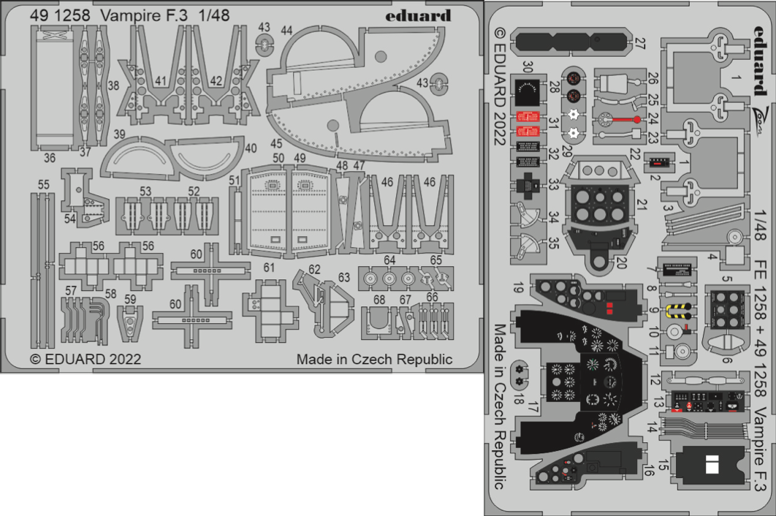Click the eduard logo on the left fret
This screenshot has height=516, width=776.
(x=426, y=15)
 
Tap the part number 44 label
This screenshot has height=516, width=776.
(x=286, y=30)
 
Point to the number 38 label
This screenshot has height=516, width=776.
(x=113, y=86)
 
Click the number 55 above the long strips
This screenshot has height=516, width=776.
(x=44, y=186)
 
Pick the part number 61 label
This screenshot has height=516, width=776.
(x=269, y=268)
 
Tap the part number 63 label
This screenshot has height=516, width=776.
(x=344, y=278)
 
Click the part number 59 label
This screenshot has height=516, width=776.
(x=130, y=298)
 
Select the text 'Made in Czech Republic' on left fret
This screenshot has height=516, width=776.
(x=374, y=360)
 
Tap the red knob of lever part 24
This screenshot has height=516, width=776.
(x=637, y=119)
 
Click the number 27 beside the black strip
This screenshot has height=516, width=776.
(x=640, y=44)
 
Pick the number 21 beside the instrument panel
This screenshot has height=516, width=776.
(x=642, y=207)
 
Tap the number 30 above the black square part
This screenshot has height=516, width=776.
(x=528, y=68)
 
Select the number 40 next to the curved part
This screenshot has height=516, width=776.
(x=251, y=148)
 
